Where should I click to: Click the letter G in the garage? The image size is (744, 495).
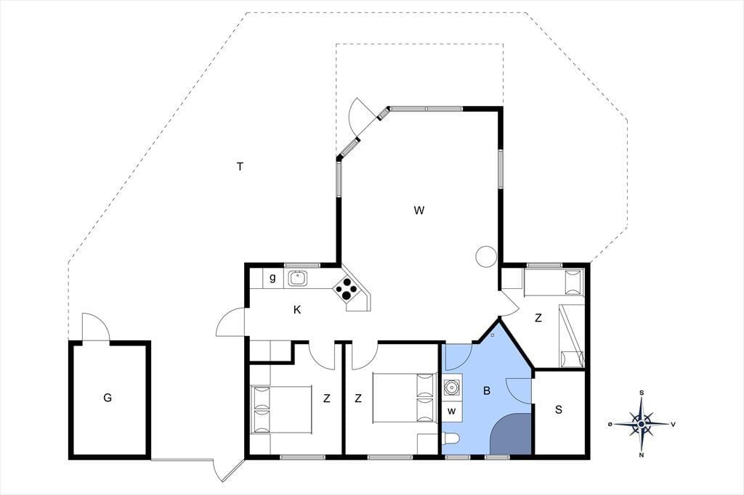(108, 398)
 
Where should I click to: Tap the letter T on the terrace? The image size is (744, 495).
(240, 166)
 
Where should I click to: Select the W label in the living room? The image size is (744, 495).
(418, 210)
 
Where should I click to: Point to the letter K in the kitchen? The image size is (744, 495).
(297, 310)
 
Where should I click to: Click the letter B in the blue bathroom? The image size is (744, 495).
(486, 391)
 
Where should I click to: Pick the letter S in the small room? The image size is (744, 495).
(559, 409)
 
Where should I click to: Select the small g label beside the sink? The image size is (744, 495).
(272, 278)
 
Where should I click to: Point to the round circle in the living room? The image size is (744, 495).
(486, 256)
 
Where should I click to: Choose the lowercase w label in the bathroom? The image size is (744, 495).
(451, 411)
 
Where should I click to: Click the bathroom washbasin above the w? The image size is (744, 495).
(452, 388)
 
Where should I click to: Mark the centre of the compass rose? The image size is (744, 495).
(641, 423)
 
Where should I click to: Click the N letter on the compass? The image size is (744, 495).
(642, 456)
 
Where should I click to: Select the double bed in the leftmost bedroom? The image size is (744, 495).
(281, 409)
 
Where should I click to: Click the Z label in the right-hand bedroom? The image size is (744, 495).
(538, 319)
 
